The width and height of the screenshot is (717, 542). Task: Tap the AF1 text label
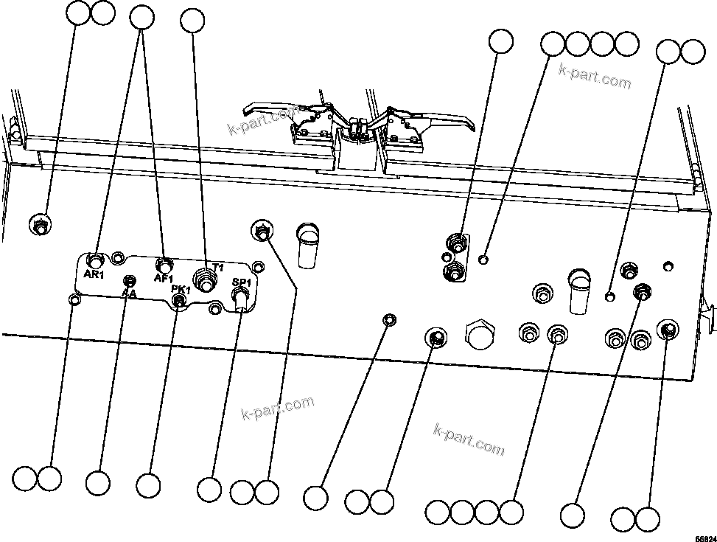tap(163, 278)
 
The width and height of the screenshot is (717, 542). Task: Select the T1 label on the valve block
tap(217, 267)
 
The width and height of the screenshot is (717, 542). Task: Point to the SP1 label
tap(242, 282)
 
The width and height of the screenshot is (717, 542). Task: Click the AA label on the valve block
tap(130, 293)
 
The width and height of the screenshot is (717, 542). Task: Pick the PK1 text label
tap(181, 290)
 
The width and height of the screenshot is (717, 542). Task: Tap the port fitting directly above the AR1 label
tap(96, 260)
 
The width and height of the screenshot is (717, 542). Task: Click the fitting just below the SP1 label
tap(240, 296)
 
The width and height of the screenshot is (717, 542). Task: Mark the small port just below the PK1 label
tap(178, 299)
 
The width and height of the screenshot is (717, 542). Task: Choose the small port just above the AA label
tap(130, 281)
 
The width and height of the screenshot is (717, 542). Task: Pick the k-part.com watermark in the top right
tap(595, 77)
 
